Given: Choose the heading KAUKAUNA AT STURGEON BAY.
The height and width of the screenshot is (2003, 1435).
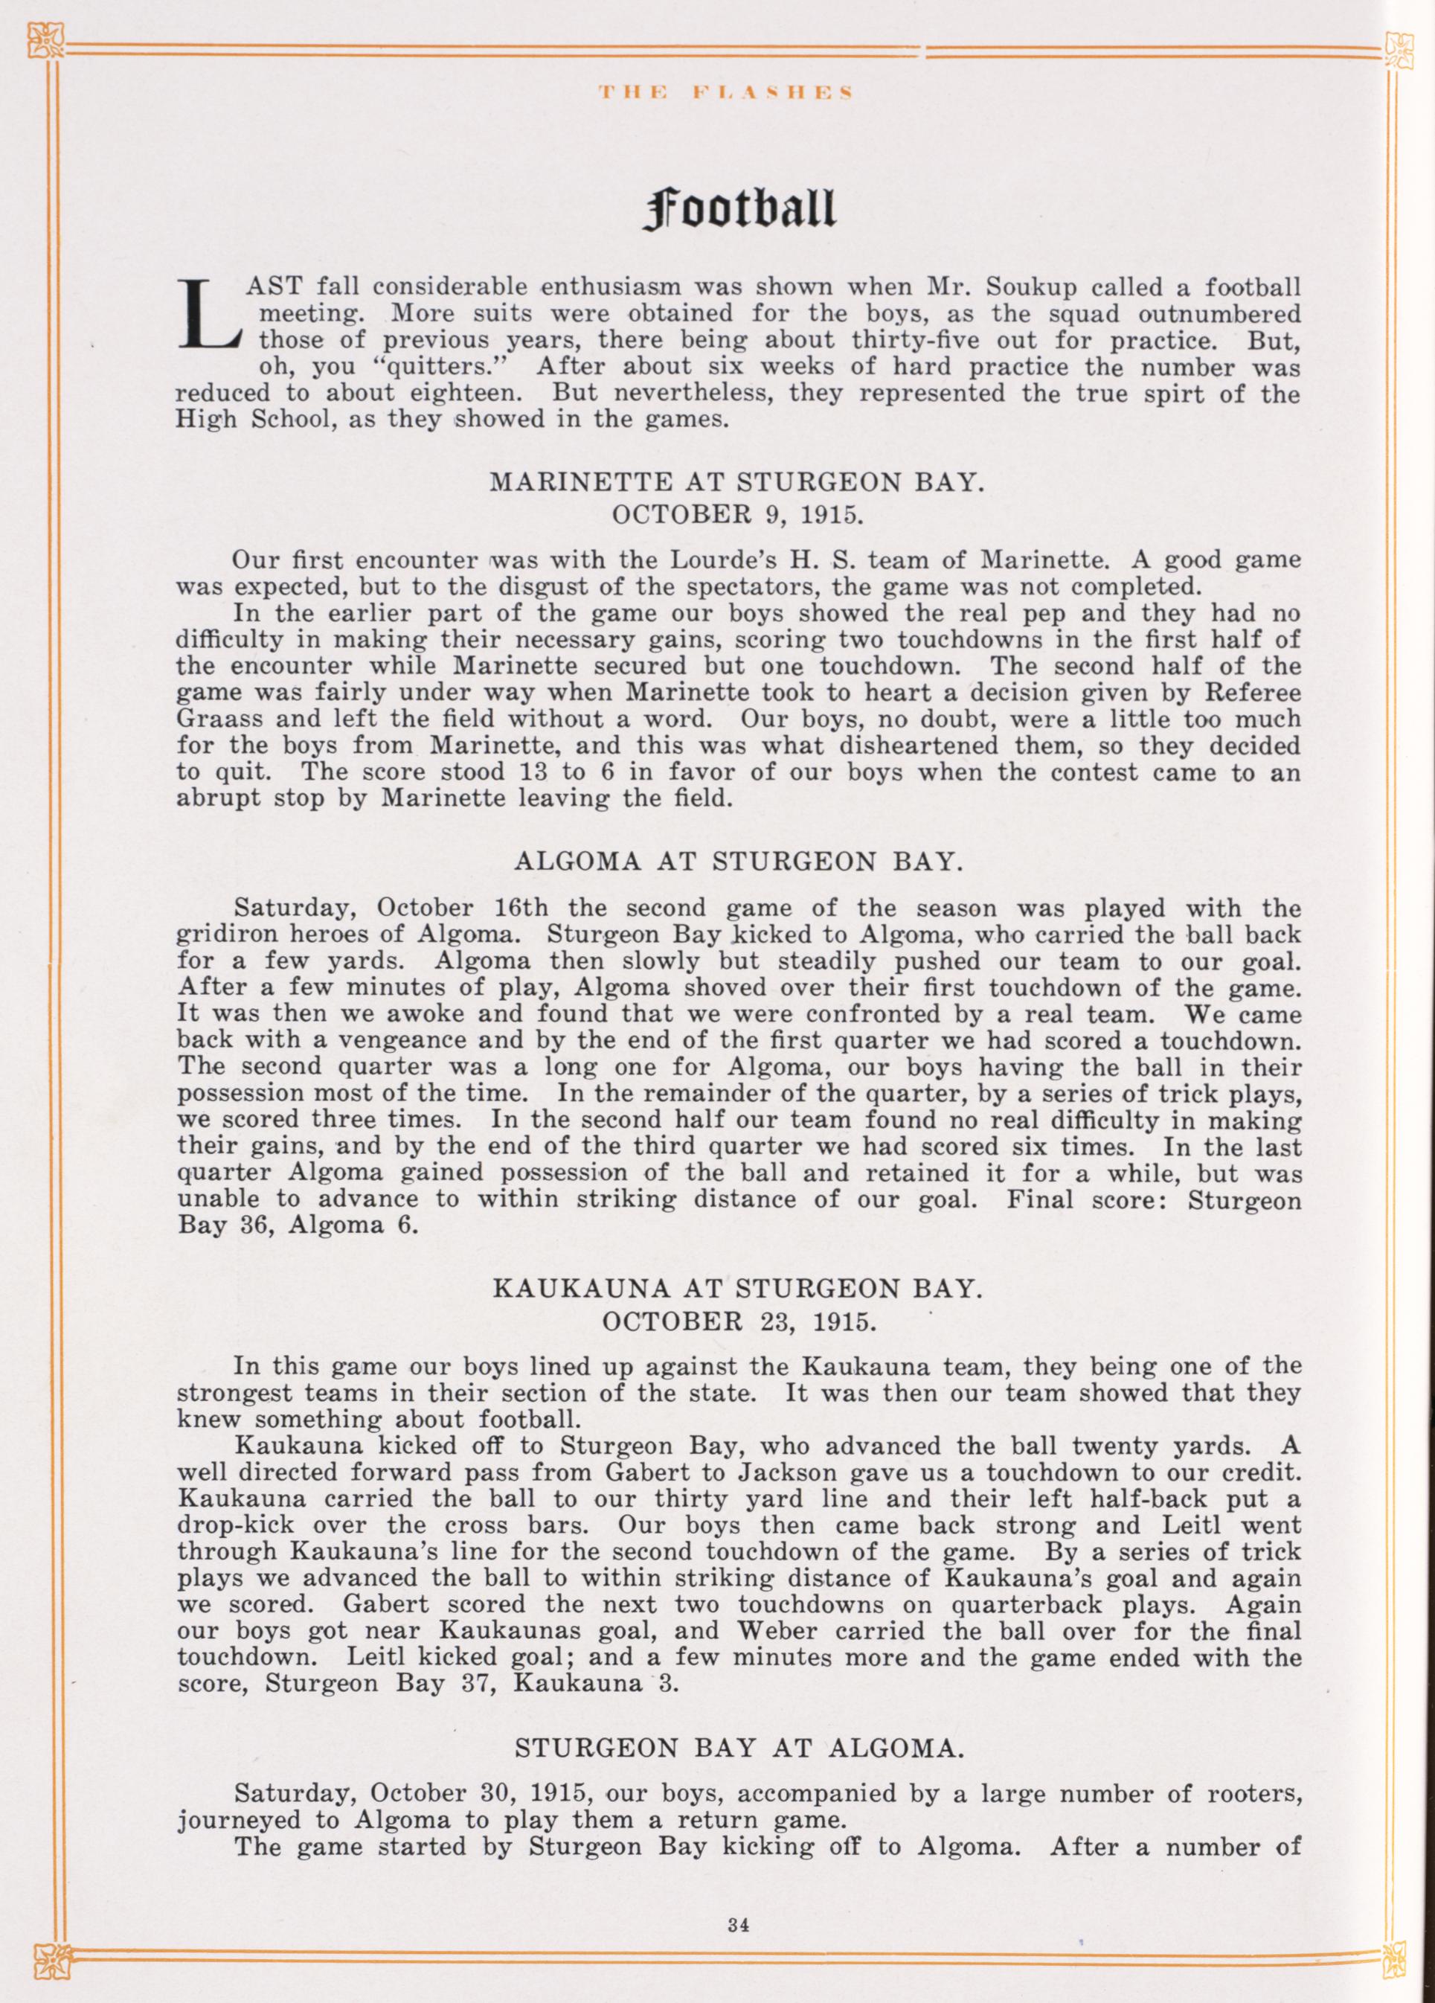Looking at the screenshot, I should (x=736, y=1289).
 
